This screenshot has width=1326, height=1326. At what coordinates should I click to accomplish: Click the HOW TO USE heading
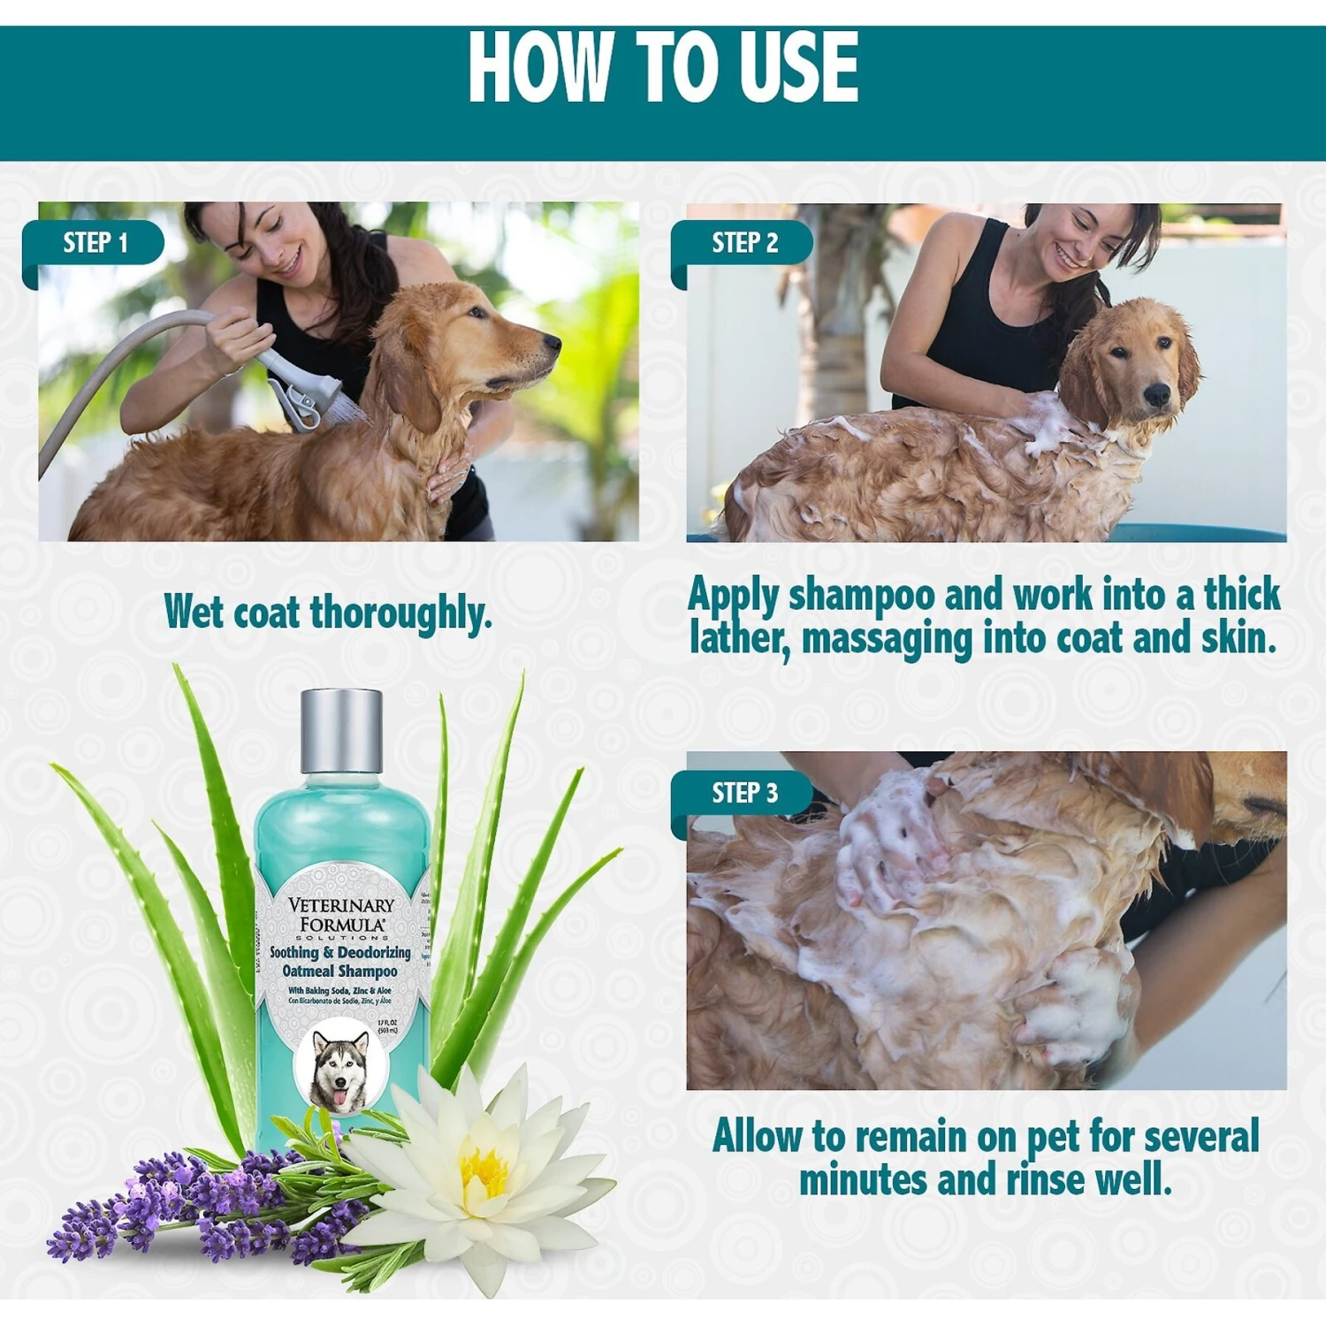[663, 67]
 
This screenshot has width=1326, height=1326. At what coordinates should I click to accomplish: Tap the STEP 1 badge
[95, 242]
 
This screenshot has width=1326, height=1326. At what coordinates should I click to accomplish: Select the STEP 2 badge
[744, 242]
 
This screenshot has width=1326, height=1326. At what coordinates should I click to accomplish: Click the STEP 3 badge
[744, 793]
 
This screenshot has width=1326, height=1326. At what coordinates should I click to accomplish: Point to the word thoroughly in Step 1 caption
[400, 613]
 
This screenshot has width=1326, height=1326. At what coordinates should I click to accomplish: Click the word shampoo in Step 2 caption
[861, 595]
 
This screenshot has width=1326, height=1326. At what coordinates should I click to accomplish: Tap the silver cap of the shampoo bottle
[341, 730]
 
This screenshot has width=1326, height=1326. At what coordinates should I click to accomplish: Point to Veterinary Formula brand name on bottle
[341, 914]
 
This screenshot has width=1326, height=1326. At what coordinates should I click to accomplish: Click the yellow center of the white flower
[484, 1172]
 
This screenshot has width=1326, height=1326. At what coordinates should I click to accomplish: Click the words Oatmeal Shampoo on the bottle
[340, 971]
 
